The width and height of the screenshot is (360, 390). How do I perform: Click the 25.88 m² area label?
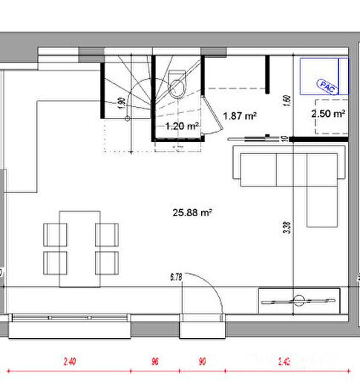tap(193, 212)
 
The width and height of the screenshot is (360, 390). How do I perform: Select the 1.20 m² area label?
tap(181, 126)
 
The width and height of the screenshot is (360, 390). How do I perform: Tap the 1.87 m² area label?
tap(240, 116)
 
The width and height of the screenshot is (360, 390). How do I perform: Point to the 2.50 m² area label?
tap(328, 114)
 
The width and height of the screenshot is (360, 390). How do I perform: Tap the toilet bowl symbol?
tap(178, 85)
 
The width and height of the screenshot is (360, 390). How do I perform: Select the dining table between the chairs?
tap(80, 247)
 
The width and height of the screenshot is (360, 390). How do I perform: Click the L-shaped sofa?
tap(289, 166)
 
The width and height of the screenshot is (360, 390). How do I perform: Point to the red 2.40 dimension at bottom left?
tap(71, 363)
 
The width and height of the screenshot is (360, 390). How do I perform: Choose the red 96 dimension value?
tap(155, 363)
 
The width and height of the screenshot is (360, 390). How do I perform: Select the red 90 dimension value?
tap(202, 363)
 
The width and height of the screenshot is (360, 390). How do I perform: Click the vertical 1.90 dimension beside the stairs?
tap(121, 104)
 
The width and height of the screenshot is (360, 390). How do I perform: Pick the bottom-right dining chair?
tap(107, 262)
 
